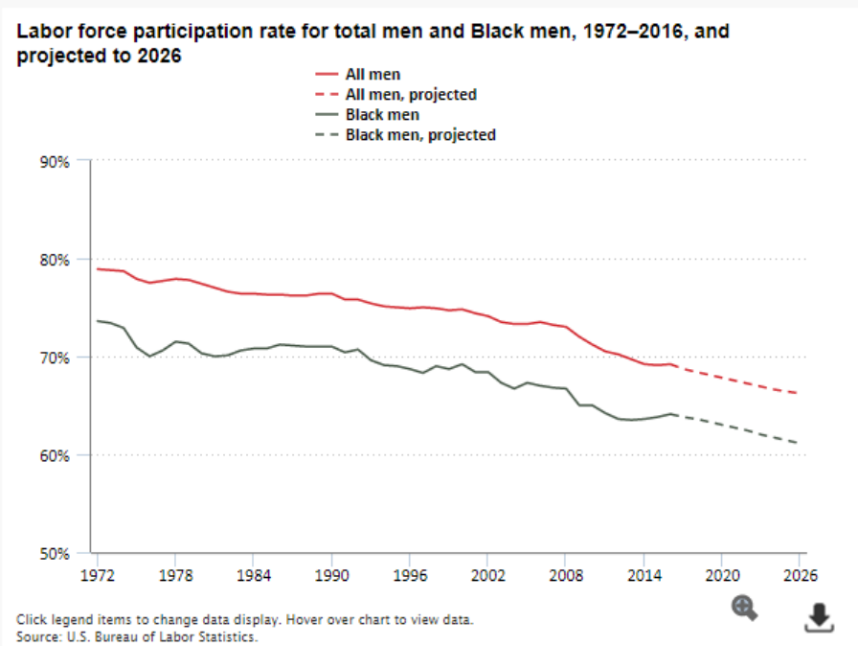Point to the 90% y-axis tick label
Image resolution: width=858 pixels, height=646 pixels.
pyautogui.click(x=54, y=161)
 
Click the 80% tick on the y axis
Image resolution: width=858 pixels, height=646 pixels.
pyautogui.click(x=54, y=260)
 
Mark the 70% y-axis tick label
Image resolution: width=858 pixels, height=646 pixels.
pyautogui.click(x=54, y=358)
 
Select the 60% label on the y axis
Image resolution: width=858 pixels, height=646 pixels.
pyautogui.click(x=54, y=455)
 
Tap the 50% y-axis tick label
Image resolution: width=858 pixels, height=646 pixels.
pyautogui.click(x=54, y=553)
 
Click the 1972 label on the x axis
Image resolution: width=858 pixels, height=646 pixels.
pyautogui.click(x=97, y=575)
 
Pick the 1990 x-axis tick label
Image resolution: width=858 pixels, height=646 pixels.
pyautogui.click(x=330, y=575)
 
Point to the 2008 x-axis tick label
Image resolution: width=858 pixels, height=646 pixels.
pyautogui.click(x=565, y=575)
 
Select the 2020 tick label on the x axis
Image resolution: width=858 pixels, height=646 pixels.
pyautogui.click(x=721, y=575)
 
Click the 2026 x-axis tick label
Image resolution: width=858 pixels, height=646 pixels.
pyautogui.click(x=799, y=575)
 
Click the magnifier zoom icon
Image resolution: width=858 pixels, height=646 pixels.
pyautogui.click(x=744, y=607)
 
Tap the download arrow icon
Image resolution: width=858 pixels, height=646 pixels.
pyautogui.click(x=817, y=618)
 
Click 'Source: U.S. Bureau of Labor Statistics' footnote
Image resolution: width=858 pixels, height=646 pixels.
pyautogui.click(x=137, y=635)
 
